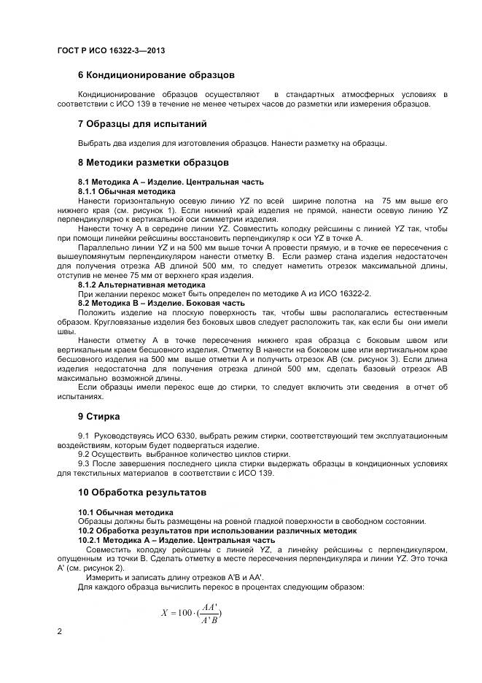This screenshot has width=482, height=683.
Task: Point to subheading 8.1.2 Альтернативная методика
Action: (x=136, y=284)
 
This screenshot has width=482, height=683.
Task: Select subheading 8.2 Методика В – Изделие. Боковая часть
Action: (x=160, y=302)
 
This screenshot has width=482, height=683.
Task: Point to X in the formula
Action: (x=164, y=612)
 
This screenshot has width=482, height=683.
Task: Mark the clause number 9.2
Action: (x=83, y=454)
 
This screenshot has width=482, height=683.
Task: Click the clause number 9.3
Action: (x=83, y=463)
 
